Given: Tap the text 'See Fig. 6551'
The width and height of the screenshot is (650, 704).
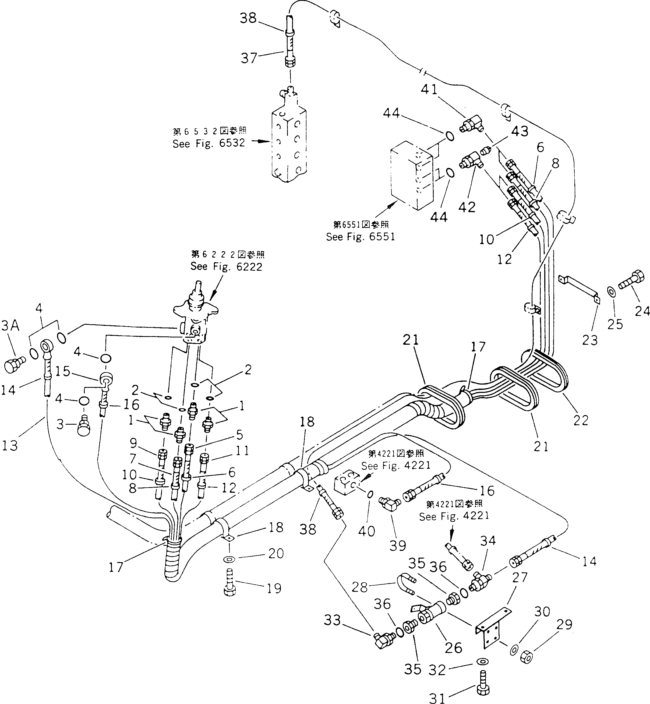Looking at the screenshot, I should [361, 237].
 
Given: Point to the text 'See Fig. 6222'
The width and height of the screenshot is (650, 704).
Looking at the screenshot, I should [226, 266].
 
